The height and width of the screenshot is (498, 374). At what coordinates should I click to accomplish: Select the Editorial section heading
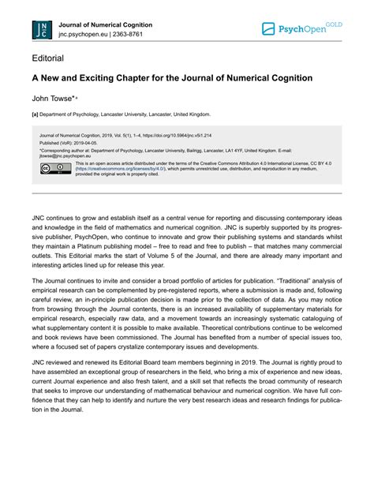click(48, 59)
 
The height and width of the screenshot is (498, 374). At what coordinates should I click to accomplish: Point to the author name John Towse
click(52, 100)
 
